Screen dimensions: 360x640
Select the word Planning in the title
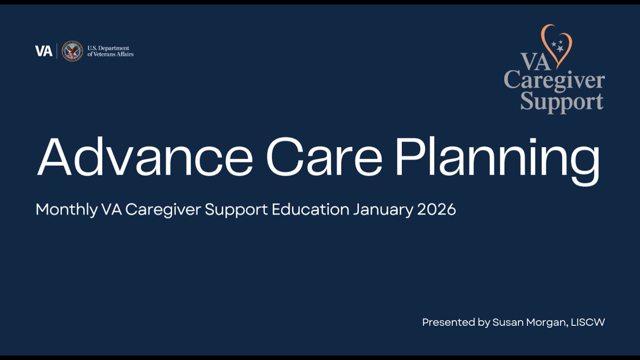497,159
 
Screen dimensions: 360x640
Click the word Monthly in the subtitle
66,209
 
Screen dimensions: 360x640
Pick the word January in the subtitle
383,209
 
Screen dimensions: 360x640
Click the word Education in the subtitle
310,209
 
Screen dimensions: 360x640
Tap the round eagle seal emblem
72,51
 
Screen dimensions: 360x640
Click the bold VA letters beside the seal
43,51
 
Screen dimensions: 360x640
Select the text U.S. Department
108,48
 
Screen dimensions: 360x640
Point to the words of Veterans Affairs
110,54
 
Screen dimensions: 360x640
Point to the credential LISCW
588,322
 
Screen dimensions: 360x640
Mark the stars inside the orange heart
558,46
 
